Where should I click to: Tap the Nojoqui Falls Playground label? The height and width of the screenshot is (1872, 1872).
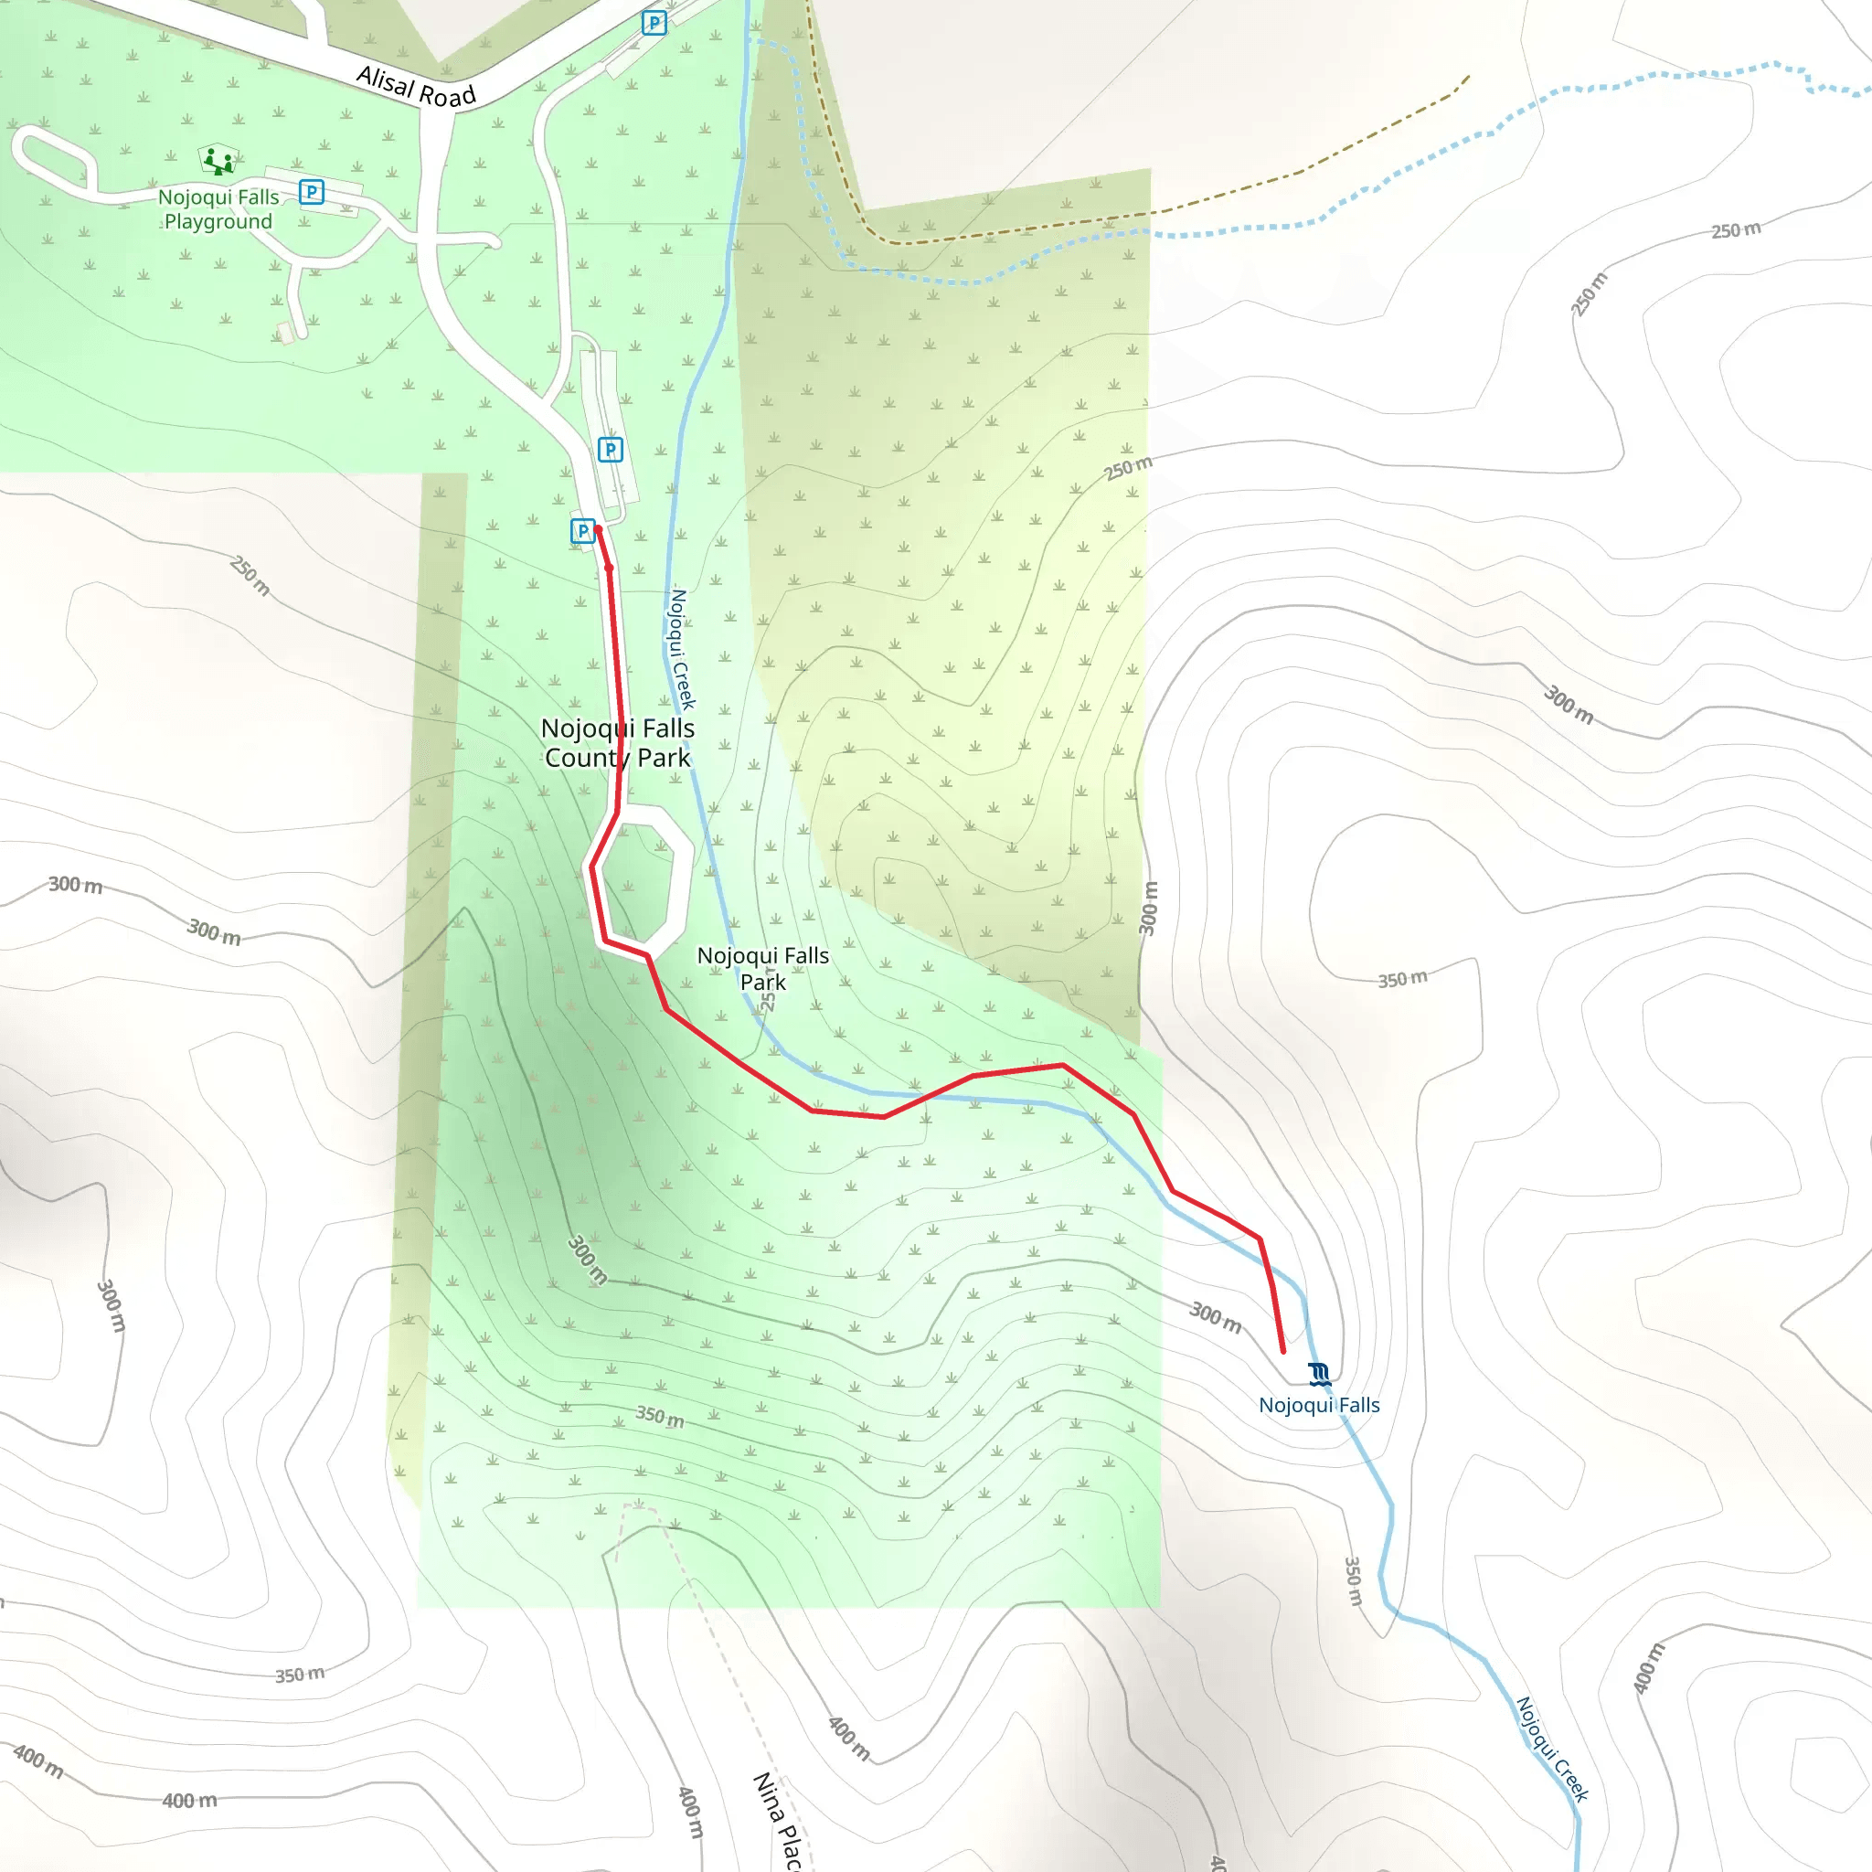(x=219, y=209)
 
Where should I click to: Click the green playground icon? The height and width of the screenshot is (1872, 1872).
(x=218, y=160)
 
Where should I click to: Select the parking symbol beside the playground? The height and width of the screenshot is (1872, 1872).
(x=311, y=192)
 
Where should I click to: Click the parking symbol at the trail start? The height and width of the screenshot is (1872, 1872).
(x=582, y=531)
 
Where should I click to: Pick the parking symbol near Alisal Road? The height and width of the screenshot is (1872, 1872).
(x=654, y=22)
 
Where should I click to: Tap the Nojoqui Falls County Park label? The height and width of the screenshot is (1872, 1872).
(x=618, y=743)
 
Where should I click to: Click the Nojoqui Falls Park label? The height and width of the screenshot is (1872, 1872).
(x=763, y=968)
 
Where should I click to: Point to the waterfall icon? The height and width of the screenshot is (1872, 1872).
(x=1319, y=1374)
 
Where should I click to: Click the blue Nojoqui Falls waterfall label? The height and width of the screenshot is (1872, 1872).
(x=1319, y=1405)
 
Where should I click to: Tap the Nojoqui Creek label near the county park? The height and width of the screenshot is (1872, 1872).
(x=682, y=648)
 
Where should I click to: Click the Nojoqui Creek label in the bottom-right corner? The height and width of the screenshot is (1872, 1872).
(x=1551, y=1749)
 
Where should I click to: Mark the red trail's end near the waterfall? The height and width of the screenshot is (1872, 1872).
(x=1282, y=1351)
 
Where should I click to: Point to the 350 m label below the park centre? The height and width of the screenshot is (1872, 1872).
(x=660, y=1417)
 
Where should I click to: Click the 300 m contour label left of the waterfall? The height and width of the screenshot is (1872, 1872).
(x=1215, y=1317)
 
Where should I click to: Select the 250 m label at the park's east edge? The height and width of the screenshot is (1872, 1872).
(x=1129, y=467)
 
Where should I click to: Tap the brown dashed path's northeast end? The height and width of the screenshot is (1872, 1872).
(x=1469, y=77)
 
